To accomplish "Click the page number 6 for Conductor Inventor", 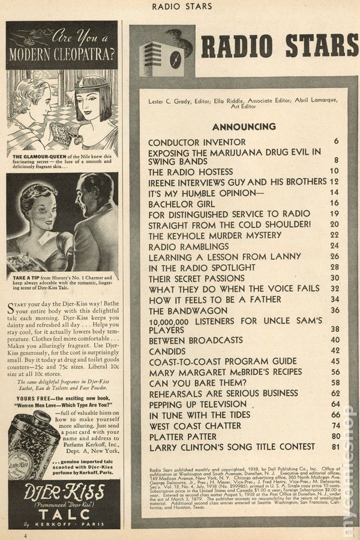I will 337,142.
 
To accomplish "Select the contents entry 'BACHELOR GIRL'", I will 178,203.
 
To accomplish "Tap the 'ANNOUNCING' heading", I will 244,127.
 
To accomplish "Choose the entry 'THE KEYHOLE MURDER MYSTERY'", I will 215,236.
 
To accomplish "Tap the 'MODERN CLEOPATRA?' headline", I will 62,55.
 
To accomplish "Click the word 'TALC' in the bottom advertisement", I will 63,514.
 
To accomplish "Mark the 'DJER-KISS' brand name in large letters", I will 64,493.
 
